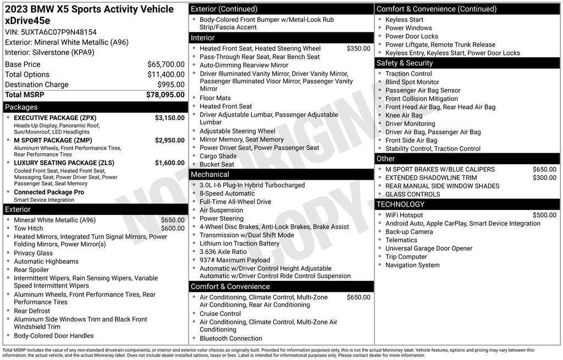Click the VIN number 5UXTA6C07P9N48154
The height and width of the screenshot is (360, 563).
click(x=51, y=32)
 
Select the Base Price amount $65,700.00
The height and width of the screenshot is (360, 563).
click(x=165, y=64)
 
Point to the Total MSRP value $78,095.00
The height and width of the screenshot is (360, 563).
click(x=165, y=95)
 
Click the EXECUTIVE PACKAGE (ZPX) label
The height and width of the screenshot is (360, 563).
click(x=55, y=118)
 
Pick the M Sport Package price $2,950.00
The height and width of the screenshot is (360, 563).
click(x=169, y=140)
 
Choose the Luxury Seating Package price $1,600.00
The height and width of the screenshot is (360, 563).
click(x=169, y=163)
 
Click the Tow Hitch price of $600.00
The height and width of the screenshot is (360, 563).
click(x=173, y=229)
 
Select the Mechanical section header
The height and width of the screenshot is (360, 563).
click(x=209, y=174)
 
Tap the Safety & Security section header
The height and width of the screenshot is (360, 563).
click(x=405, y=63)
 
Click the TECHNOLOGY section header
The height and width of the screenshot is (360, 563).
click(x=400, y=204)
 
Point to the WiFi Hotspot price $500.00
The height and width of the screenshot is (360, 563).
click(x=544, y=215)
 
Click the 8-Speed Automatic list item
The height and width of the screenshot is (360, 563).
click(x=227, y=193)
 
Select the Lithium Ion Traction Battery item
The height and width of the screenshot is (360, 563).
click(x=239, y=243)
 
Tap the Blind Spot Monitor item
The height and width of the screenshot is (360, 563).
click(x=412, y=82)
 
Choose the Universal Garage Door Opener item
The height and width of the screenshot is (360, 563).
click(x=428, y=248)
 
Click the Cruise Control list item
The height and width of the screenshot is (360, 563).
click(x=220, y=314)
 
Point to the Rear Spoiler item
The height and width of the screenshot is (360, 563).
click(x=31, y=270)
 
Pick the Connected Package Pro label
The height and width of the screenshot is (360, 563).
click(x=49, y=192)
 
